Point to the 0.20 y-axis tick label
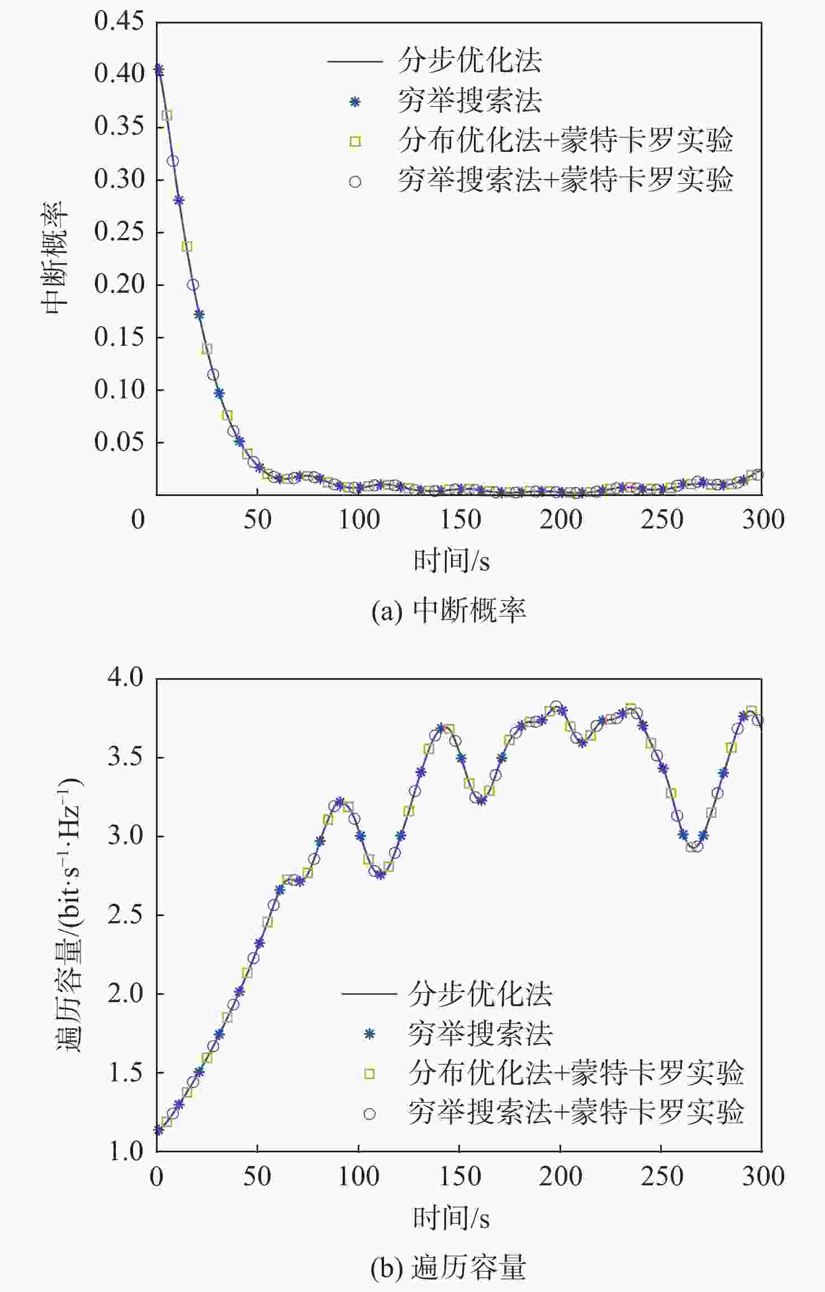(x=119, y=284)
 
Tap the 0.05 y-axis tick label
(x=119, y=442)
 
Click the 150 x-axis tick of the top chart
(x=459, y=519)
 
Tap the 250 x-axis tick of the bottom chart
(x=661, y=1176)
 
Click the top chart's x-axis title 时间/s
(x=452, y=561)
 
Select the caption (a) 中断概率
(x=448, y=611)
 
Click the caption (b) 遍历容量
(x=448, y=1267)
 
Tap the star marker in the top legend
(x=355, y=102)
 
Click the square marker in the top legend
(x=355, y=142)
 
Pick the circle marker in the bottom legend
(x=369, y=1114)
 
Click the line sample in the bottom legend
(x=369, y=994)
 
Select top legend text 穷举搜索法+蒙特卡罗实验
(x=565, y=180)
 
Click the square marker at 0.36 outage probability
(x=167, y=116)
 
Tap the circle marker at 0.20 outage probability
(x=193, y=285)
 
